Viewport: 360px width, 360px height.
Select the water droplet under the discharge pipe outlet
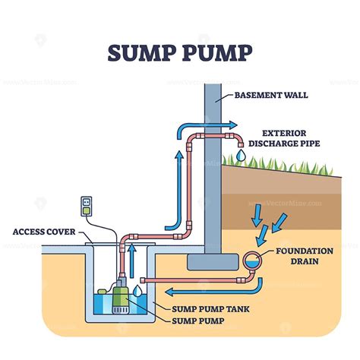click(240, 154)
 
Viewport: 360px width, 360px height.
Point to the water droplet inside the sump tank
click(137, 290)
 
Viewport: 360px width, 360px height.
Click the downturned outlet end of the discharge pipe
click(240, 142)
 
